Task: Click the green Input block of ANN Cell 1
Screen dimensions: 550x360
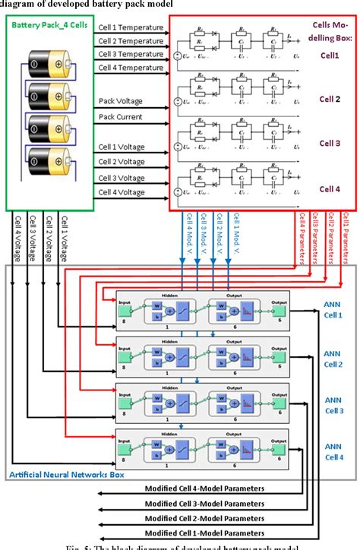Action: point(125,309)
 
